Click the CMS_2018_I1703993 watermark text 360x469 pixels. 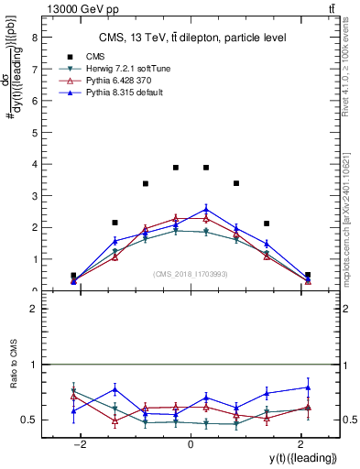(191, 273)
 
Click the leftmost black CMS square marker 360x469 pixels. (73, 275)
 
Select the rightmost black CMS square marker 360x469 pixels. (308, 275)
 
